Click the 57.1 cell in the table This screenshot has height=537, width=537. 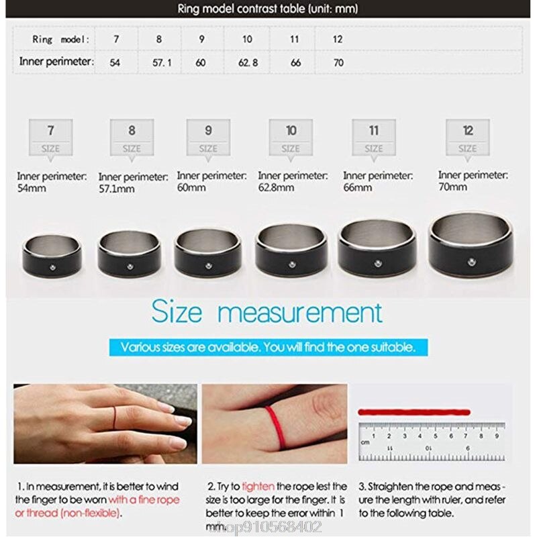(159, 62)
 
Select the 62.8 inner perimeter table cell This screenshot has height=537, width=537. (247, 62)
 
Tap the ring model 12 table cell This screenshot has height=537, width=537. (338, 39)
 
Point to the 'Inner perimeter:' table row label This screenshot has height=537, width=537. (56, 62)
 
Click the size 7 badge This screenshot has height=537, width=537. (50, 137)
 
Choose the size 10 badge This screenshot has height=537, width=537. (291, 137)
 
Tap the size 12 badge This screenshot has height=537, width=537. (468, 137)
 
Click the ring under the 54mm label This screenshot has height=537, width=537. (52, 256)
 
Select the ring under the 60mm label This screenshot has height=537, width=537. (207, 253)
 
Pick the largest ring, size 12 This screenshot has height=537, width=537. (471, 245)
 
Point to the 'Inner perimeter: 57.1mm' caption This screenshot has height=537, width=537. (133, 183)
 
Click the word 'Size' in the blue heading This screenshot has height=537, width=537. (177, 313)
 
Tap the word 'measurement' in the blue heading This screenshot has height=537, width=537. (301, 313)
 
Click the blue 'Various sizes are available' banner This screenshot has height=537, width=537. (268, 348)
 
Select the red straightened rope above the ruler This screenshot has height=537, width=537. (414, 411)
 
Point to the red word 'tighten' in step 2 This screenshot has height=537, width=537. (258, 487)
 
